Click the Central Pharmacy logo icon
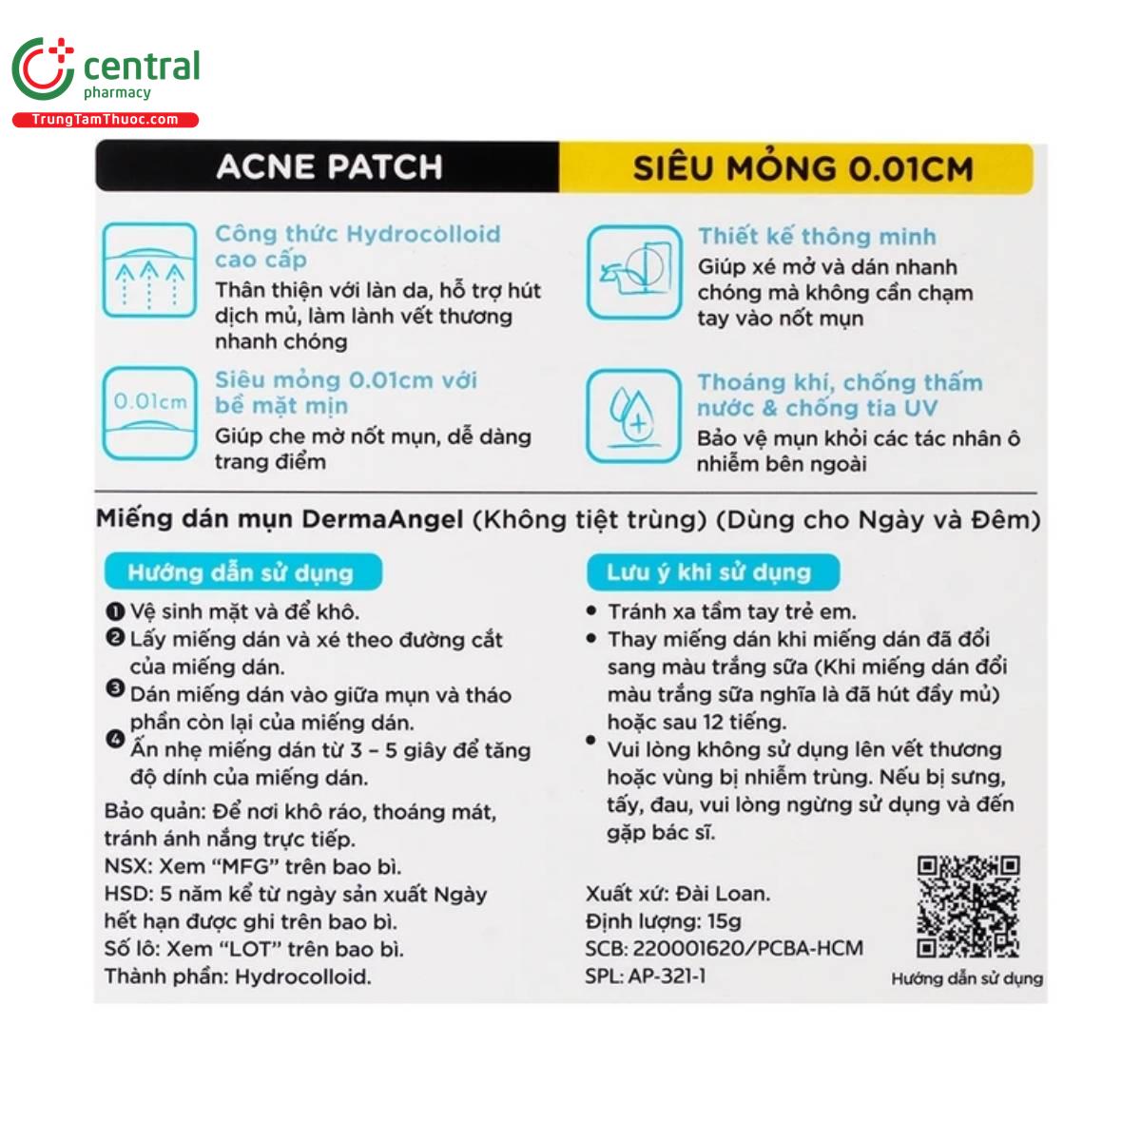coord(43,68)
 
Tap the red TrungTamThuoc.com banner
coord(105,120)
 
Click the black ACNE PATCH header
coord(328,167)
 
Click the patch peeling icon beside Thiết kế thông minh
coord(633,272)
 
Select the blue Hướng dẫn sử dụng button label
coord(242,572)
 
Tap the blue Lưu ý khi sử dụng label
coord(710,572)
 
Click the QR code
coord(967,906)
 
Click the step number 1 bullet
coord(115,610)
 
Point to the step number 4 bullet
coord(115,738)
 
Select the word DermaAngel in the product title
coord(382,520)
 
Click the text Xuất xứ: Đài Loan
coord(678,894)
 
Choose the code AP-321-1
coord(667,976)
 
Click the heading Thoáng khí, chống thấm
coord(840,382)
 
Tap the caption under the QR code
coord(966,978)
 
